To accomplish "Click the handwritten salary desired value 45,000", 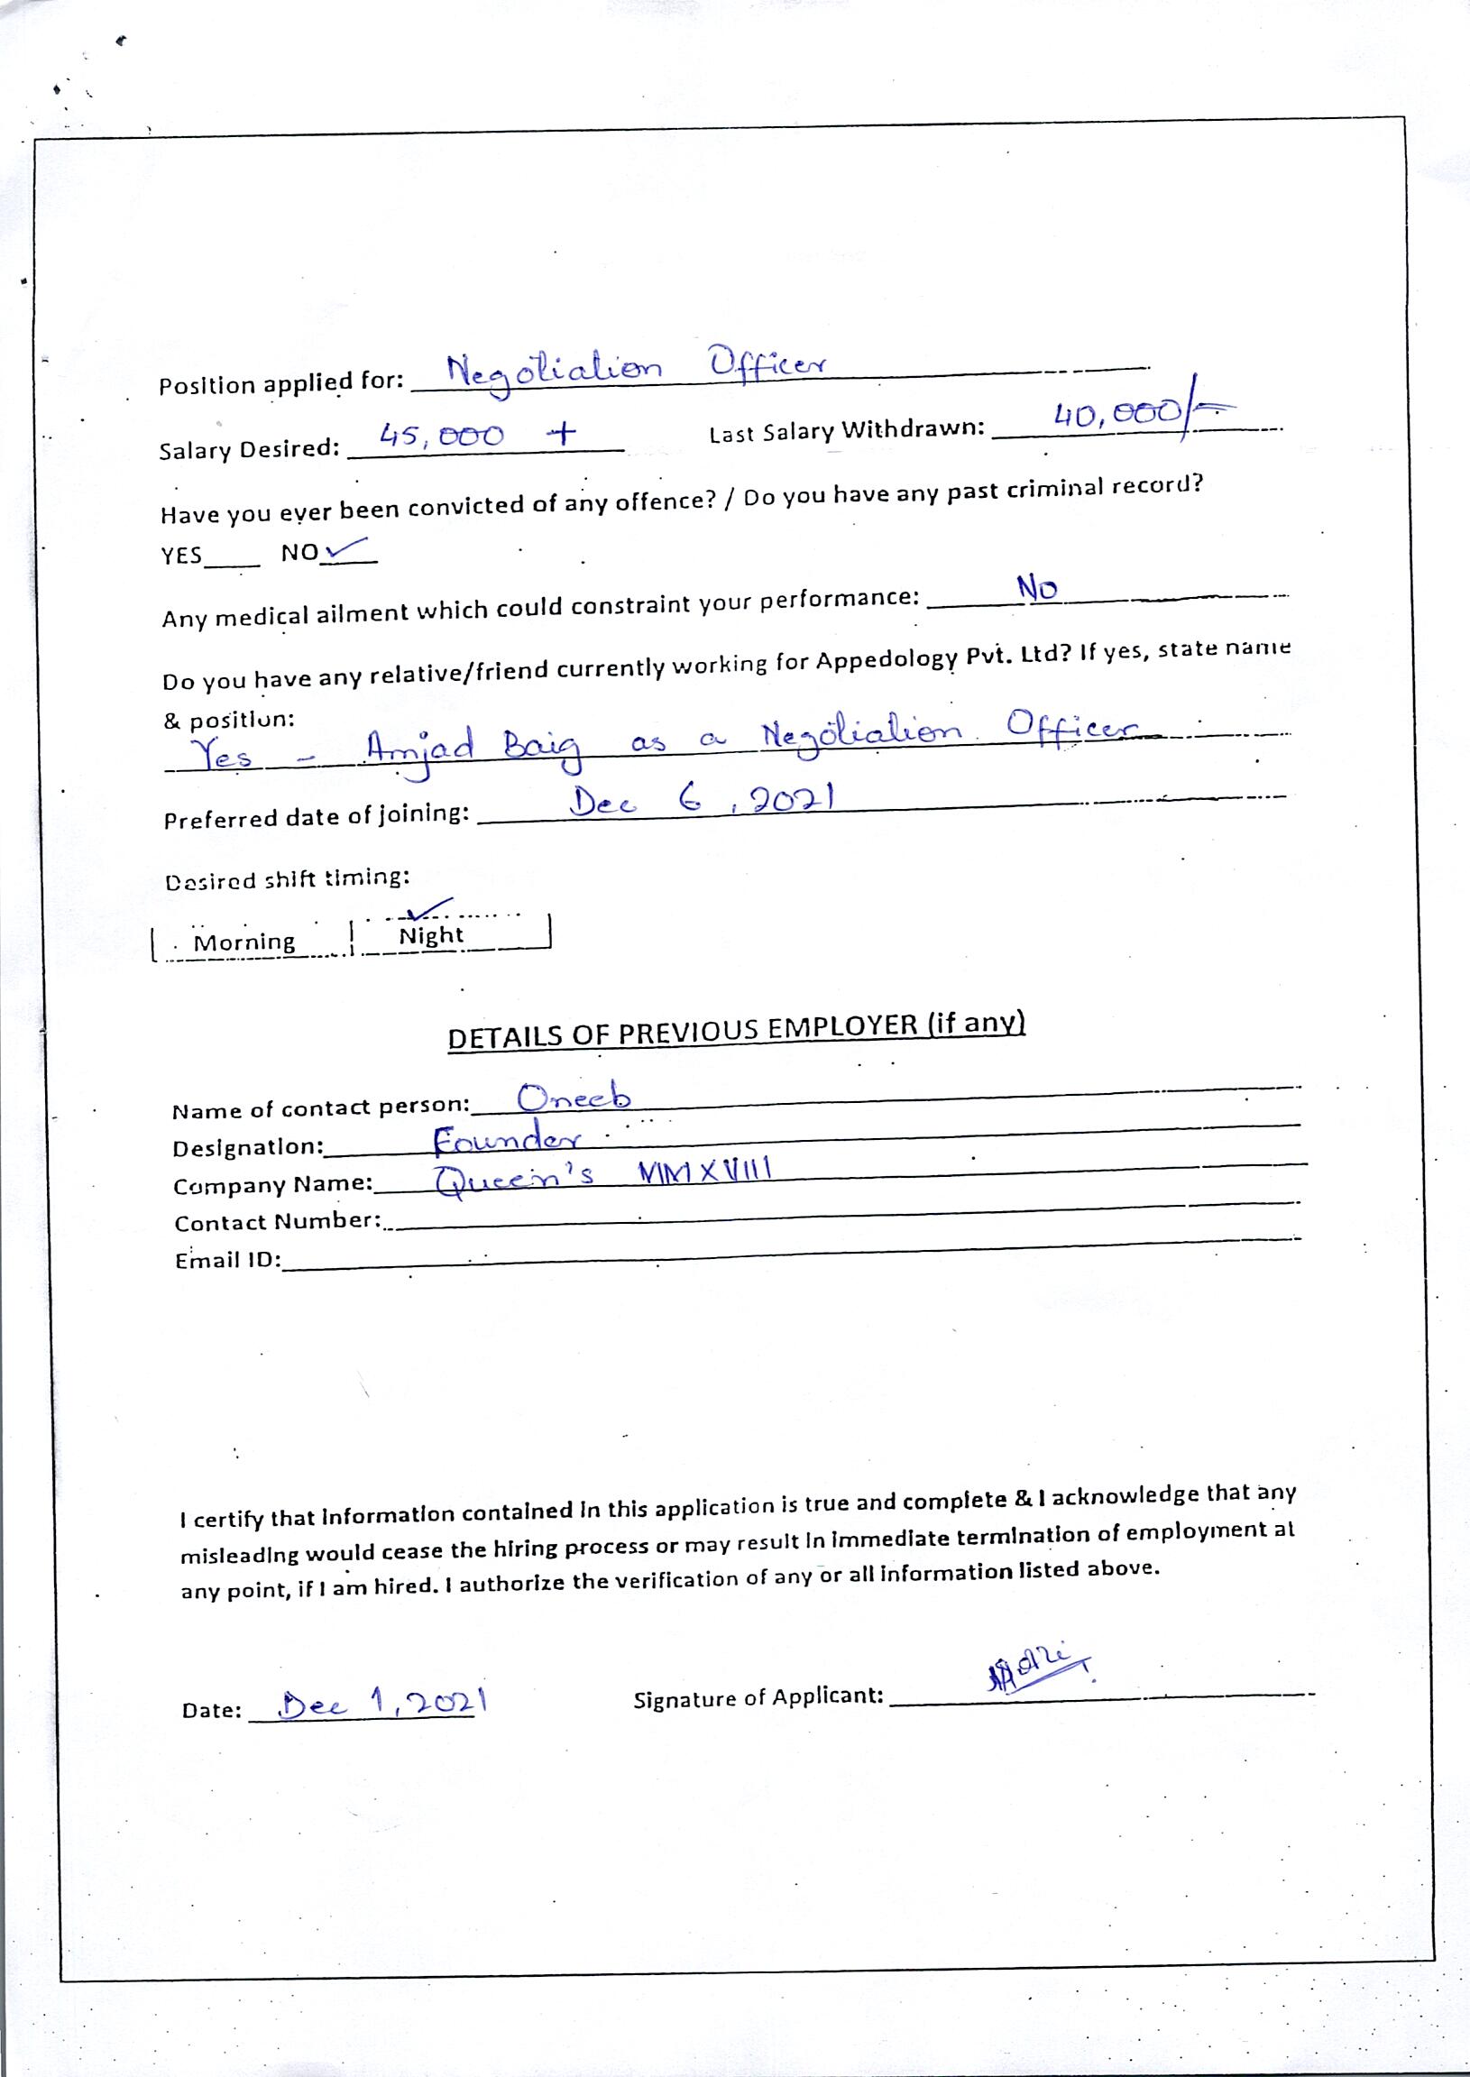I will (x=442, y=437).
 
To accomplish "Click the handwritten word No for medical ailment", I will (x=1036, y=588).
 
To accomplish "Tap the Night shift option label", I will (x=431, y=936).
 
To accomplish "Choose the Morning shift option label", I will (x=244, y=942).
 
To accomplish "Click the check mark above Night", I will (x=429, y=907).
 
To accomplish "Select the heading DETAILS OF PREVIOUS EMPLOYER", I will (x=736, y=1031).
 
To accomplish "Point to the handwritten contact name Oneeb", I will (x=574, y=1098).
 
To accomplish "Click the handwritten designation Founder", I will (x=507, y=1139).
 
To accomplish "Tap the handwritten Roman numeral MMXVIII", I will (x=704, y=1173).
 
